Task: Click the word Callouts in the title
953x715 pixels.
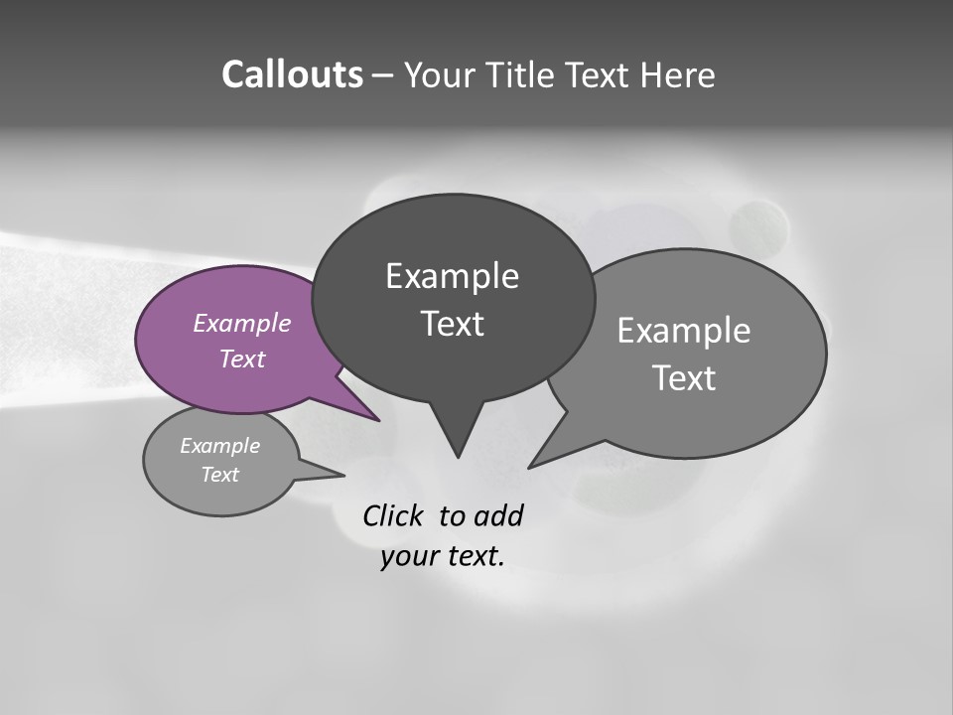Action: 292,74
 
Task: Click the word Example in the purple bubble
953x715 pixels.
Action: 241,323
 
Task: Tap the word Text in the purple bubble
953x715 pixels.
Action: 241,358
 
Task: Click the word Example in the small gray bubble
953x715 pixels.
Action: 219,446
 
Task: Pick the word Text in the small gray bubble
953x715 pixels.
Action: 219,475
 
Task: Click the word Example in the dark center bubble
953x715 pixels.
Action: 452,276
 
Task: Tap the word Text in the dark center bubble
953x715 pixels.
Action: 452,324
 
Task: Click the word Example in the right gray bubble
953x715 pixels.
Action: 684,331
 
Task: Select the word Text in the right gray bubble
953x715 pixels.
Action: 684,378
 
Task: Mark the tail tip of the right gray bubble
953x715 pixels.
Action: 531,466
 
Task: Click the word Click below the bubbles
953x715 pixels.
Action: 395,515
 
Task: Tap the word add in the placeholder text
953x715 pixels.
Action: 497,515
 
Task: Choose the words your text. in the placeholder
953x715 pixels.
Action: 443,556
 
